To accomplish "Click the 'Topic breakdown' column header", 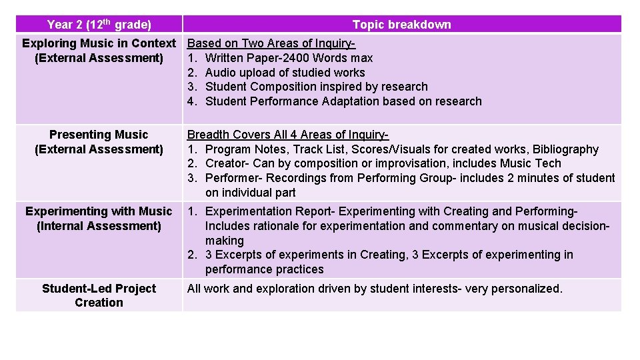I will click(x=401, y=25).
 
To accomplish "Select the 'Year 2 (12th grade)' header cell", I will click(x=99, y=25).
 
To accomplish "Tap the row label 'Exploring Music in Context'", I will click(x=99, y=43).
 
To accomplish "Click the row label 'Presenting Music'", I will click(x=99, y=135).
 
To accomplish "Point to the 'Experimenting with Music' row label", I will click(x=99, y=211).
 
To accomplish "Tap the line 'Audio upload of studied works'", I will click(x=285, y=73).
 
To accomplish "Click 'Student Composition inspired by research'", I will click(x=316, y=87).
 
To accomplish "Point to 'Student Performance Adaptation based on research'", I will click(x=343, y=101).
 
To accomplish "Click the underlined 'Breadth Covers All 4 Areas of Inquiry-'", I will click(x=288, y=135).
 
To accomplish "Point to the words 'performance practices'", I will click(x=264, y=269).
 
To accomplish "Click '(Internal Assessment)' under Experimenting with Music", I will click(x=99, y=226).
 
